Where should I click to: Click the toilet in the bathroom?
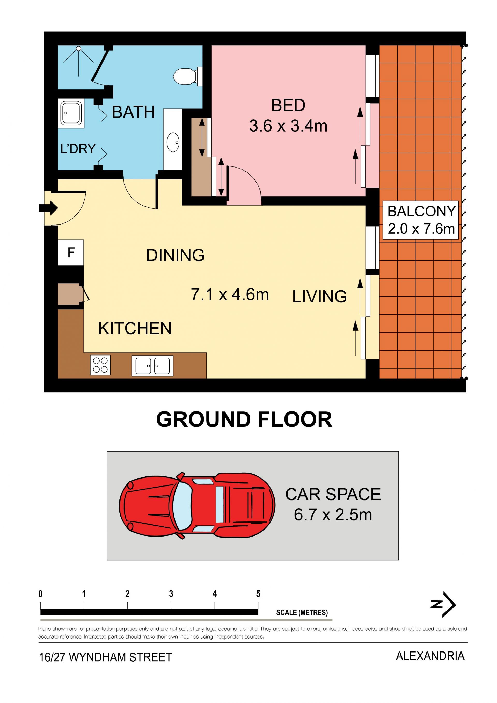coord(188,76)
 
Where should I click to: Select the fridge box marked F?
coord(71,252)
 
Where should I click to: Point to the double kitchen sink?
coord(152,366)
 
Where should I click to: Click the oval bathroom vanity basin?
coord(173,142)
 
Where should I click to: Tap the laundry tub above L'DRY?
coord(71,113)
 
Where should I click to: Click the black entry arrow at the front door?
coord(48,208)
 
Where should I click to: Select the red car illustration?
coord(197,505)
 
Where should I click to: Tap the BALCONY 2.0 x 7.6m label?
coord(421,220)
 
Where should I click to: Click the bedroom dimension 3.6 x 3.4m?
coord(288,126)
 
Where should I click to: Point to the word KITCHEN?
coord(135,329)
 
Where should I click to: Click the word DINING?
coord(175,255)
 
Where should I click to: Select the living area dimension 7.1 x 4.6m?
coord(230,294)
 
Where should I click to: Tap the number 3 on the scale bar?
coord(171,594)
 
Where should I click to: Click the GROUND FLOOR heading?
coord(244,419)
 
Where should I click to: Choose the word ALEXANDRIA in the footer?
coord(430,656)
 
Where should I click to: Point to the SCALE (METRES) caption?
coord(302,612)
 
